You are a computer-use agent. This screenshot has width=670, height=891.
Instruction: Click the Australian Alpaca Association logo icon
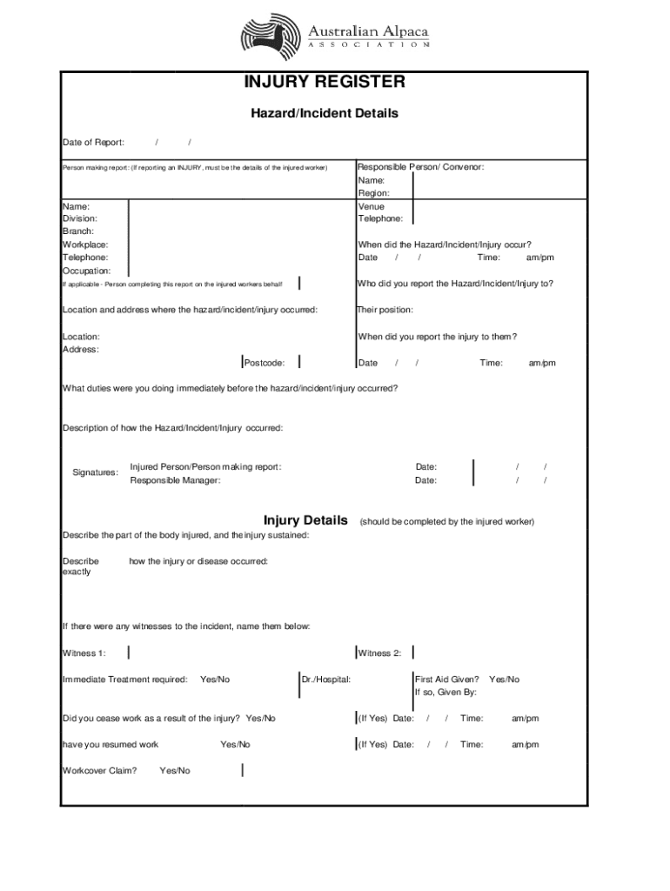pyautogui.click(x=271, y=37)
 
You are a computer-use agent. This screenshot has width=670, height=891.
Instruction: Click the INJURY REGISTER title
pyautogui.click(x=324, y=83)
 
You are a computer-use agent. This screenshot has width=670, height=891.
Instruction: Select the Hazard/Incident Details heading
pyautogui.click(x=325, y=113)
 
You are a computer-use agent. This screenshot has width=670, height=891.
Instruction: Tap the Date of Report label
pyautogui.click(x=93, y=143)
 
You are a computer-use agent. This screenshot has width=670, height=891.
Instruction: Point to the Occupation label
pyautogui.click(x=86, y=271)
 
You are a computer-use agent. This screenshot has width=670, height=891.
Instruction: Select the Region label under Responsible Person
pyautogui.click(x=374, y=193)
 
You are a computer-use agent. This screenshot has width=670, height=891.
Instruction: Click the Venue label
pyautogui.click(x=371, y=207)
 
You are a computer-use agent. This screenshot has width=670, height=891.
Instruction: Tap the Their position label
pyautogui.click(x=385, y=311)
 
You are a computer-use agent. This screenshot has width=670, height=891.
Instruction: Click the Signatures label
pyautogui.click(x=95, y=472)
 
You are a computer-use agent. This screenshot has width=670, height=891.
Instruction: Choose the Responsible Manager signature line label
pyautogui.click(x=175, y=480)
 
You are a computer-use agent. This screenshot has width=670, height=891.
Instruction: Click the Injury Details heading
pyautogui.click(x=305, y=520)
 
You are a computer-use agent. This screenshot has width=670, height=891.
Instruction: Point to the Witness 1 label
pyautogui.click(x=84, y=653)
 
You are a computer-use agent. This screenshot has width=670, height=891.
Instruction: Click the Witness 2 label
pyautogui.click(x=379, y=653)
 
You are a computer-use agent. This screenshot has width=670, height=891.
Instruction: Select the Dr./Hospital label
pyautogui.click(x=326, y=680)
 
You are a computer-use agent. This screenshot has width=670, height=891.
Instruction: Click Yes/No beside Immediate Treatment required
pyautogui.click(x=215, y=680)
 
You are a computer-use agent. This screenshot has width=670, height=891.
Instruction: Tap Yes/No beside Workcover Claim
pyautogui.click(x=175, y=771)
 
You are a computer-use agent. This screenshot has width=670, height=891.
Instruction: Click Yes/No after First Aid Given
pyautogui.click(x=504, y=680)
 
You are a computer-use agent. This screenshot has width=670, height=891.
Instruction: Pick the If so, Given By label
pyautogui.click(x=445, y=693)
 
